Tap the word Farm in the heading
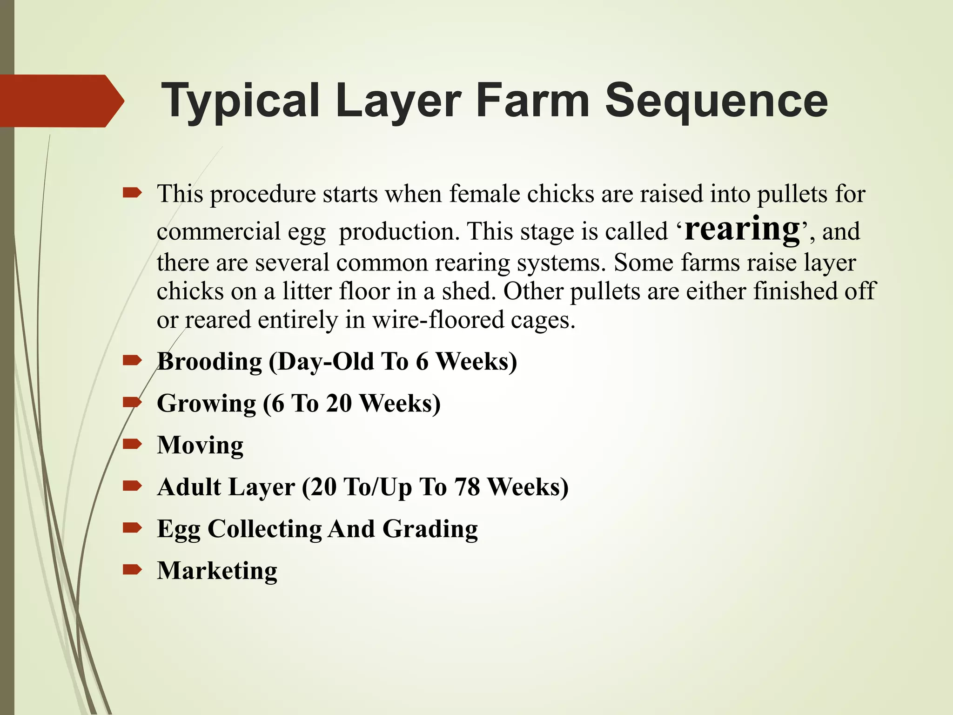(532, 101)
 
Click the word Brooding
(209, 362)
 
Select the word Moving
(200, 445)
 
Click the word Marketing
(217, 571)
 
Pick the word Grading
(430, 529)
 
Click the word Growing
(206, 404)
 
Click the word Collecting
(264, 529)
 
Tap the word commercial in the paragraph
(219, 231)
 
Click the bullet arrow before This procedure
(132, 192)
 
